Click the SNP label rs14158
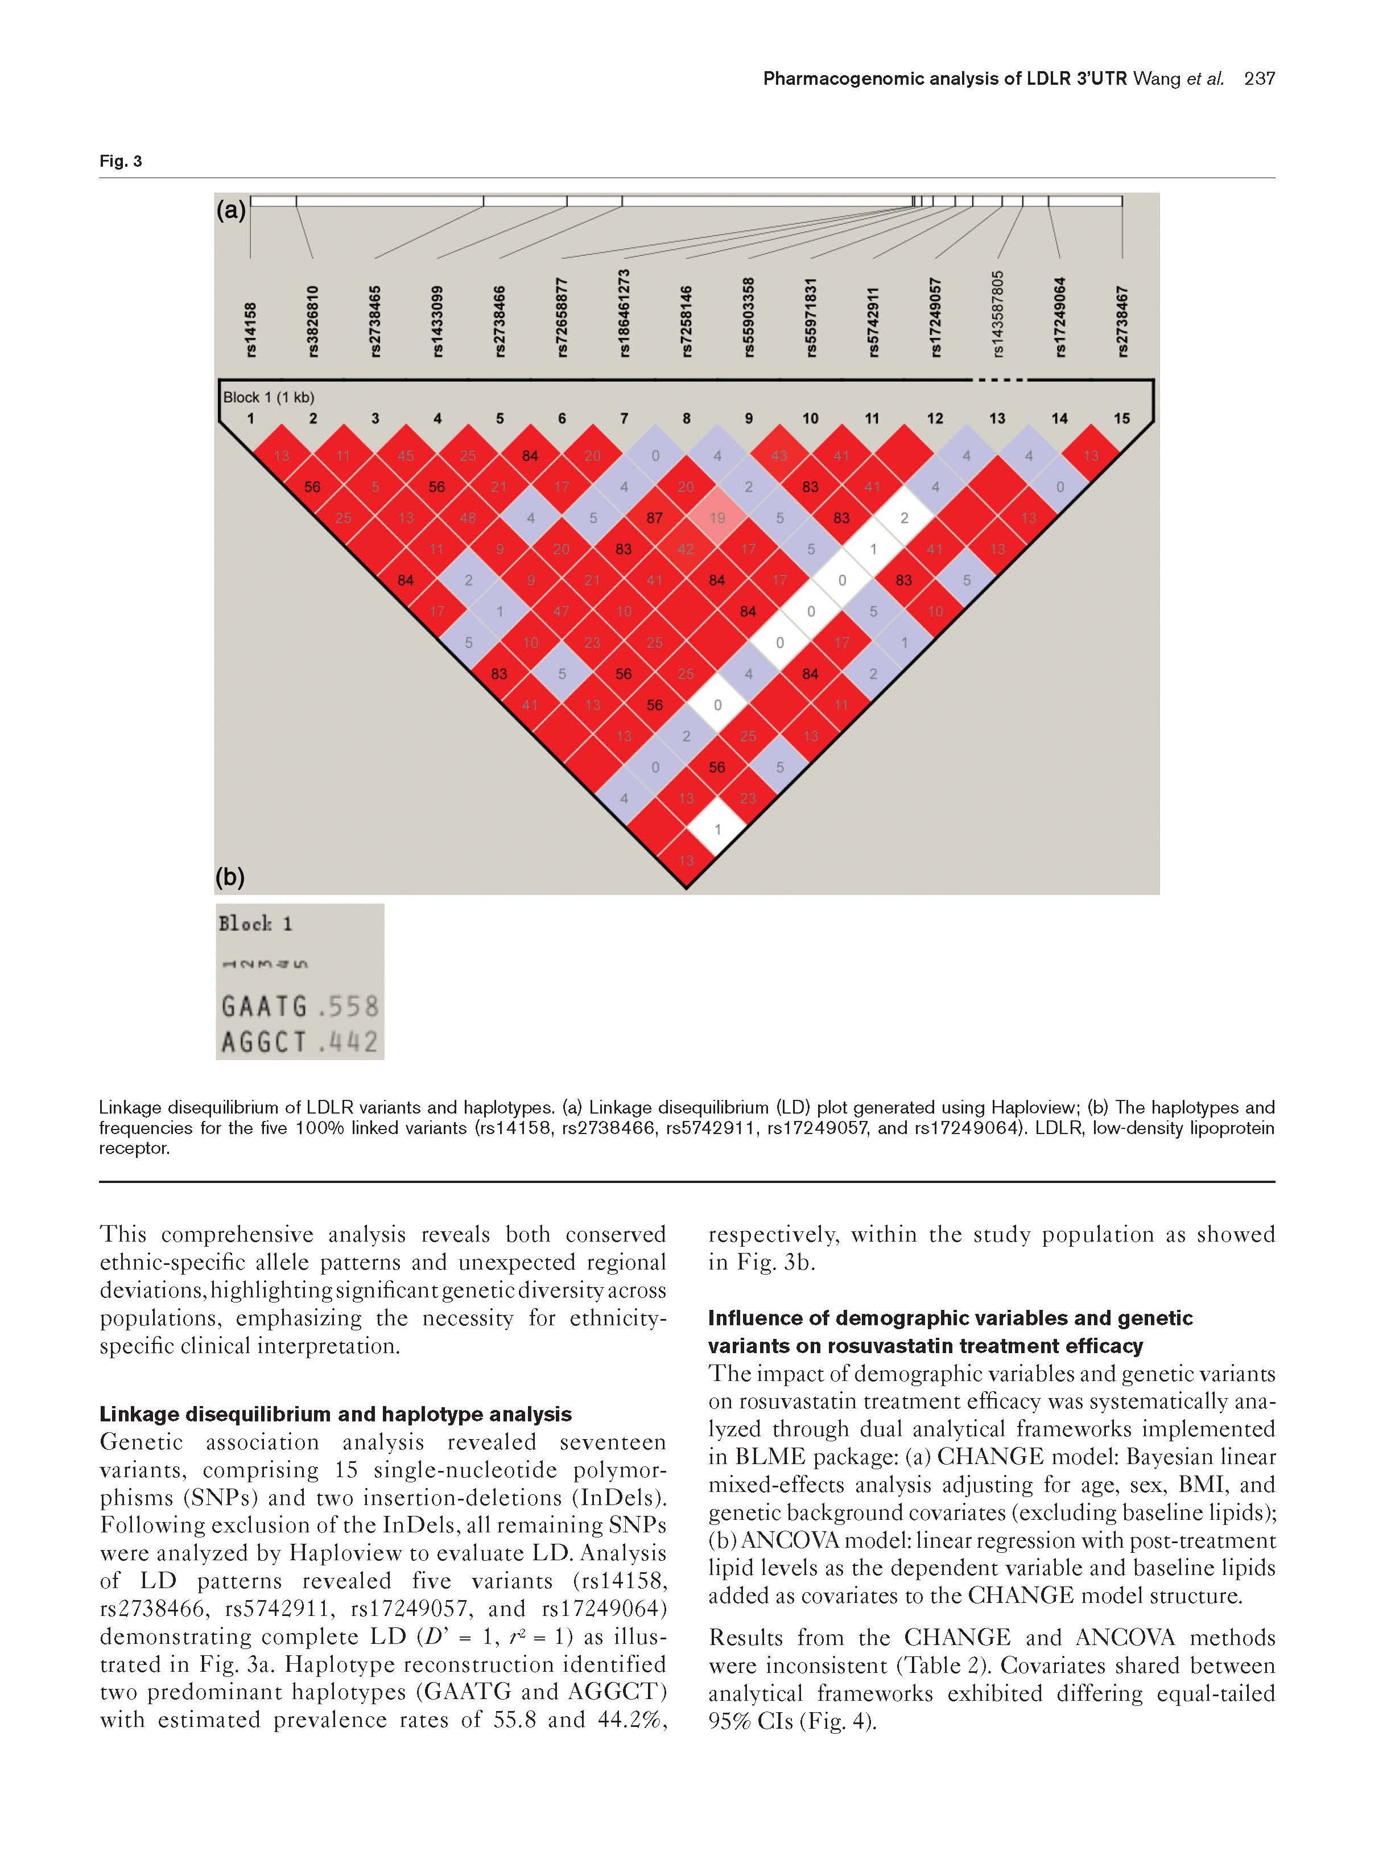tap(251, 329)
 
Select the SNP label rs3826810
tap(313, 320)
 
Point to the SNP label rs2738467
tap(1122, 321)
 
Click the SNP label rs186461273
tap(624, 312)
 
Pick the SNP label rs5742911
tap(873, 321)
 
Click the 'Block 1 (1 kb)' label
tap(269, 397)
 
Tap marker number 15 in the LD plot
tap(1122, 418)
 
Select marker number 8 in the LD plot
tap(686, 418)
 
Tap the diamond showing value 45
tap(406, 455)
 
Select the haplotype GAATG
tap(264, 1007)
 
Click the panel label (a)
tap(230, 209)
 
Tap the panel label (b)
tap(230, 877)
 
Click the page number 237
tap(1260, 79)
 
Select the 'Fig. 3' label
tap(121, 161)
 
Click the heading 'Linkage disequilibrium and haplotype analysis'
tap(336, 1414)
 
